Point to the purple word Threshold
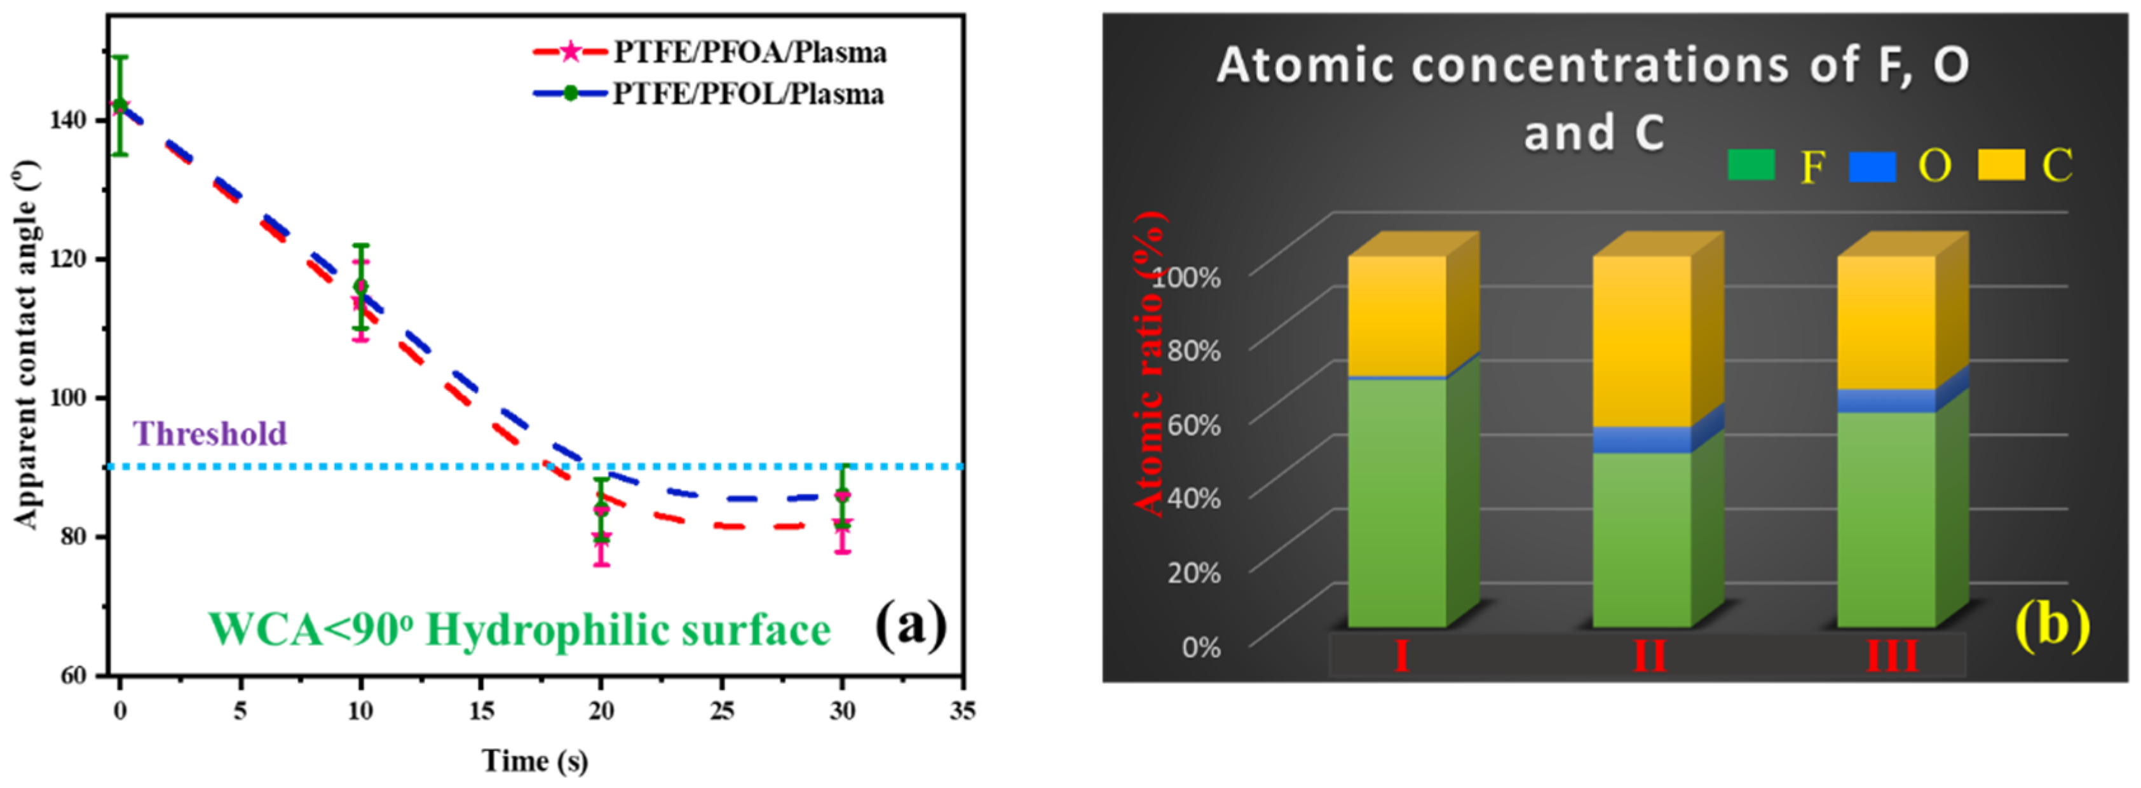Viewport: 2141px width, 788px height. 210,433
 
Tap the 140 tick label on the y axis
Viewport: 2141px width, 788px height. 67,121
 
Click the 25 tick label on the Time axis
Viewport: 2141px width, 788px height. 721,710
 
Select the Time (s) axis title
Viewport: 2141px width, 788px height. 534,761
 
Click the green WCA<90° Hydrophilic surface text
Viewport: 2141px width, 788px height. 519,629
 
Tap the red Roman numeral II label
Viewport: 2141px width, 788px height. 1650,656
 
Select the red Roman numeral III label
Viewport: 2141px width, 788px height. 1893,656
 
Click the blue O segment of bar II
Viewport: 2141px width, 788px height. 1641,440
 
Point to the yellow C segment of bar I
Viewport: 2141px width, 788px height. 1396,316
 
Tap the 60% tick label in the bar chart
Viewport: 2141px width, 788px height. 1193,425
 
